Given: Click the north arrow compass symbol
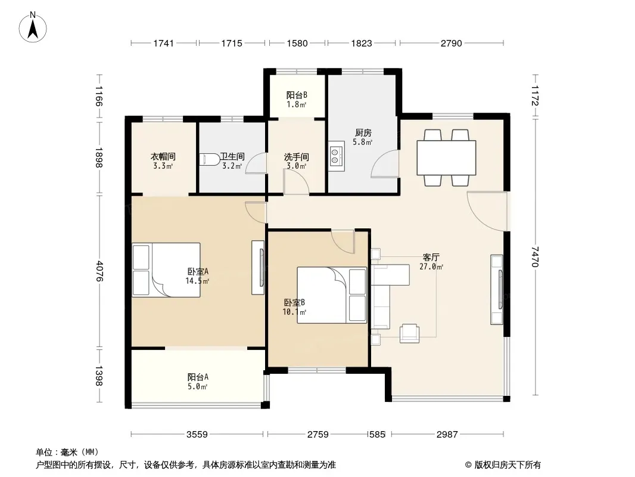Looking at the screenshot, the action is point(33,27).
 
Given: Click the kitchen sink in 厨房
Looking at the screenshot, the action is point(336,156).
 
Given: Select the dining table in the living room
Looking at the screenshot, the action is point(446,157).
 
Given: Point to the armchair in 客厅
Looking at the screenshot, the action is point(409,333).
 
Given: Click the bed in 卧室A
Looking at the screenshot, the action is point(166,270).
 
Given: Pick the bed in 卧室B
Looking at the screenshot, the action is point(332,295).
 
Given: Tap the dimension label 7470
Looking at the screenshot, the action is point(535,257).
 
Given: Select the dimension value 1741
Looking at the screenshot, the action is point(164,43).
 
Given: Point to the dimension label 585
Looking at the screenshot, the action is point(377,435).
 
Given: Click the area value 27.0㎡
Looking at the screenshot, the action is point(431,267).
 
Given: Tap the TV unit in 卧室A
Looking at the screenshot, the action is point(258,268).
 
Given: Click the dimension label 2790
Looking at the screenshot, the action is point(452,43).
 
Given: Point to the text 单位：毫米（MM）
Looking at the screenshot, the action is point(67,452).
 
